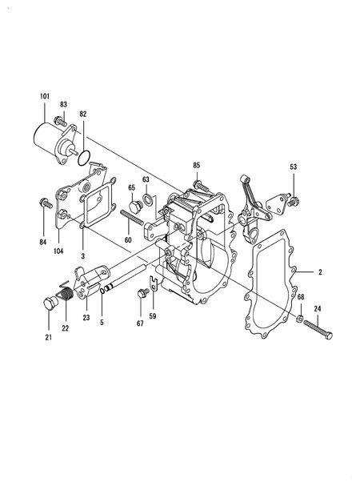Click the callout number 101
click(45, 96)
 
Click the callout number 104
click(58, 251)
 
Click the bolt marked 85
click(202, 186)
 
